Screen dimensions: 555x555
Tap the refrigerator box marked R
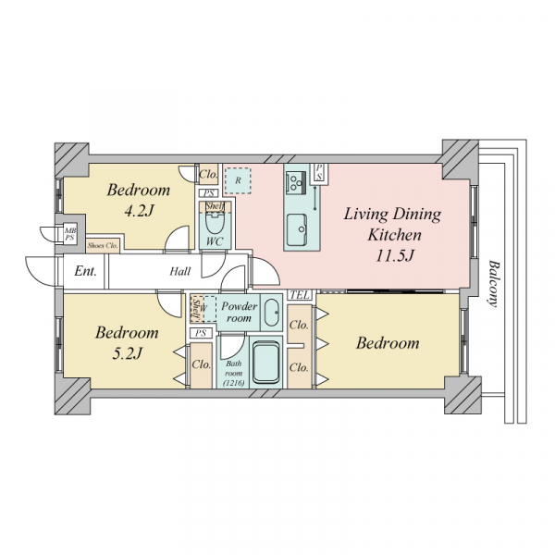click(x=238, y=180)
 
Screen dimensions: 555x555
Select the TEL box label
click(x=300, y=295)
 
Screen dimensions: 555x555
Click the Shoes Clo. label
click(x=103, y=246)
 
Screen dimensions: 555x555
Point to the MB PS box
click(x=69, y=234)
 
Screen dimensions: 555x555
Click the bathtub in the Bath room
click(x=266, y=362)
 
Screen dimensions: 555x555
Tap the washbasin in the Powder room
click(x=272, y=313)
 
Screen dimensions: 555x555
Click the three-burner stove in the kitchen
click(x=296, y=182)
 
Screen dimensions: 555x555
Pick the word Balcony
click(x=494, y=284)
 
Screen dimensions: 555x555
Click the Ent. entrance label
click(x=85, y=271)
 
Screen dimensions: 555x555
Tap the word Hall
click(x=180, y=271)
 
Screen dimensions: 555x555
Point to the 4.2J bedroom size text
click(x=139, y=211)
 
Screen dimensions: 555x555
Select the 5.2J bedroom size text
click(x=128, y=353)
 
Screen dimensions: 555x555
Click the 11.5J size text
click(x=394, y=255)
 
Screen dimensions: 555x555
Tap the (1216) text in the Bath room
click(x=234, y=383)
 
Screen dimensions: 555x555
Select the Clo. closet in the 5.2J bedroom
click(x=202, y=365)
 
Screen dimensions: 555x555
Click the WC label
click(x=215, y=241)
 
